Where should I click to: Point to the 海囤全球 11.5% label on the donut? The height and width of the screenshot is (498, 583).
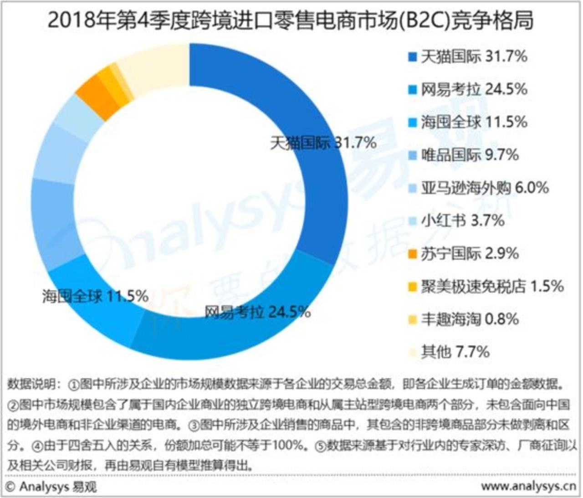click(x=95, y=296)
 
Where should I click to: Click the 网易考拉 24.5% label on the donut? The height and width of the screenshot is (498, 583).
click(x=257, y=312)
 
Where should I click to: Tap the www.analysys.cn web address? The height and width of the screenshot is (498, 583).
click(x=528, y=487)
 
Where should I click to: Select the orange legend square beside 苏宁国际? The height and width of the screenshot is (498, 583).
click(x=413, y=254)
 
